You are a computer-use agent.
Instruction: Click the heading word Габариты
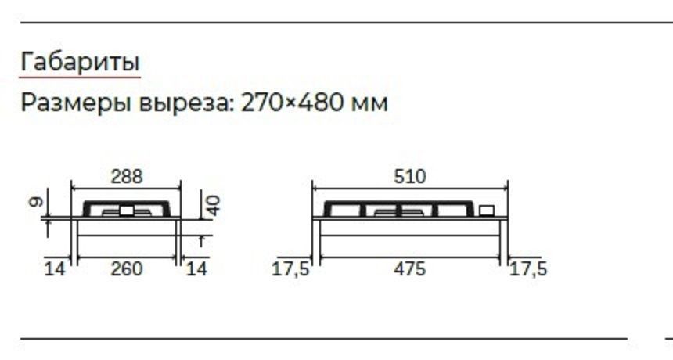(81, 62)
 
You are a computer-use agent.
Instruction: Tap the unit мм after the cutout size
(369, 105)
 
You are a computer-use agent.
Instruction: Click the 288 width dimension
(127, 176)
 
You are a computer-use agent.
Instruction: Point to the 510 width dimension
(410, 176)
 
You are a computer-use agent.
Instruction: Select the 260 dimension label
(127, 269)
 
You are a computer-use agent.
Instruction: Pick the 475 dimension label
(410, 269)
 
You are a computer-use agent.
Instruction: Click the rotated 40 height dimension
(214, 205)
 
